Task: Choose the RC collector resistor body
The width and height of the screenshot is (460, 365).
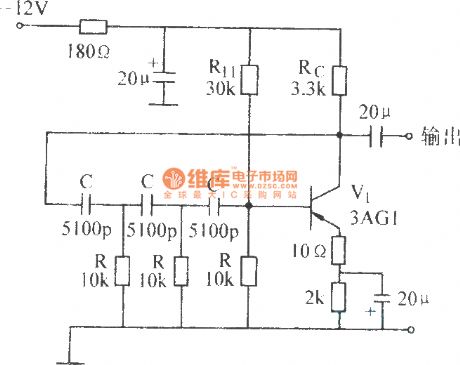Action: [x=339, y=78]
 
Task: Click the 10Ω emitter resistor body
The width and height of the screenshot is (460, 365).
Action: [x=339, y=250]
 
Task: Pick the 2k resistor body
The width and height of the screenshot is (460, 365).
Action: [x=339, y=297]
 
